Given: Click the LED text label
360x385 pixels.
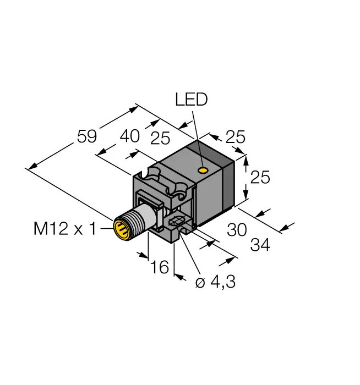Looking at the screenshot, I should click(x=191, y=100).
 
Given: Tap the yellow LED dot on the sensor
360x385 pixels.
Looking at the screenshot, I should click(x=204, y=170).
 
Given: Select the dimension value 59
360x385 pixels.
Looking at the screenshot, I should click(x=87, y=136).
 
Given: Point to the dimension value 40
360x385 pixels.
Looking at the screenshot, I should click(x=130, y=136).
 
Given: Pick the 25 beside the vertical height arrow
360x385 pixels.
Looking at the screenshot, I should click(x=260, y=178).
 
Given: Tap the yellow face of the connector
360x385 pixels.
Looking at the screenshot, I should click(x=121, y=229).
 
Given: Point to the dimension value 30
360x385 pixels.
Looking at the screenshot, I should click(x=237, y=229).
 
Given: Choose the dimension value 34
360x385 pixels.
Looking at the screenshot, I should click(x=260, y=246).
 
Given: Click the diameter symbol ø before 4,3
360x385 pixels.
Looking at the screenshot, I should click(x=200, y=283).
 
